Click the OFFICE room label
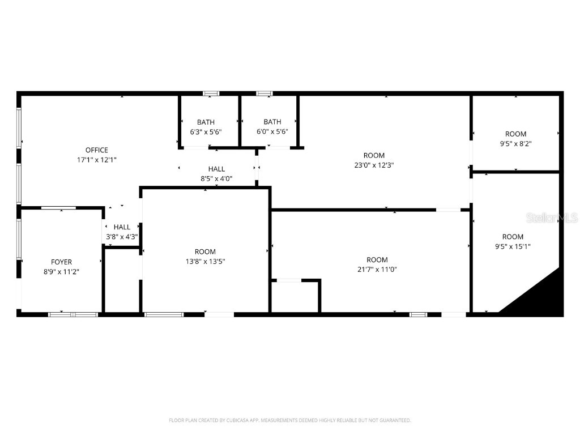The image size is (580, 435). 96,150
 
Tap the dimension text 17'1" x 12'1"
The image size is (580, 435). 96,160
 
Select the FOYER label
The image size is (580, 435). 61,262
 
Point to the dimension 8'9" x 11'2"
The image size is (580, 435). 61,271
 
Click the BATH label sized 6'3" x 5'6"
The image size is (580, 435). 206,122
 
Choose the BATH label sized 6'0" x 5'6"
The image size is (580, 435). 272,122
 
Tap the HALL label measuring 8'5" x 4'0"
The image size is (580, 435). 216,169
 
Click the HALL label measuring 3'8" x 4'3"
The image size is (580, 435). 122,227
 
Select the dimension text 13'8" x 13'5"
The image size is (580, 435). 205,261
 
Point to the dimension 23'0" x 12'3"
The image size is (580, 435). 374,165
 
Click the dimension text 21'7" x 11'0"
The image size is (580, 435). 377,270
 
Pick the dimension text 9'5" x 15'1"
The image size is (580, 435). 513,246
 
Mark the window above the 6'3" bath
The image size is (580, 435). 211,93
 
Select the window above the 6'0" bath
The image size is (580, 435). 264,93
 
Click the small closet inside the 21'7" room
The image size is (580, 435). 295,296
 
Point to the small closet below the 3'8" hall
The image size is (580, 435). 121,279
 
